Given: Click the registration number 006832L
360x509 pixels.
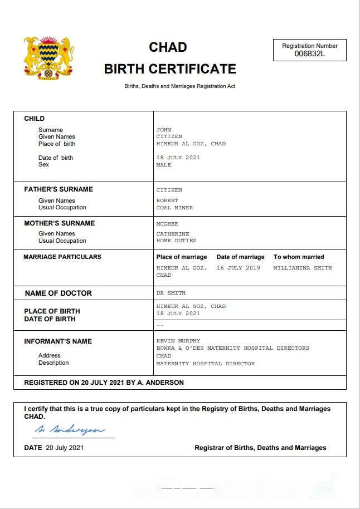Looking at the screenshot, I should (309, 54).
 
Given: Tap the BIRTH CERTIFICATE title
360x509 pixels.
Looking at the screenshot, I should (170, 69).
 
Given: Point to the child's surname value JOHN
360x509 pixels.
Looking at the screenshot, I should (164, 130).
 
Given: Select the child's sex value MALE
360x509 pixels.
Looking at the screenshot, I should (164, 165).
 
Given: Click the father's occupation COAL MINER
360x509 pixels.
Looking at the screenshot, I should (174, 208).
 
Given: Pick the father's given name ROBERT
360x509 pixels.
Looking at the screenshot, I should (167, 200).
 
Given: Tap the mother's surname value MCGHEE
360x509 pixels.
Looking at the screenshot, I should (167, 224).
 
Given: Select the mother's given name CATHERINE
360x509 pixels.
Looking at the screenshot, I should (173, 234).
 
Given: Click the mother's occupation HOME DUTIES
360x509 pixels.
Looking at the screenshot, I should (176, 241).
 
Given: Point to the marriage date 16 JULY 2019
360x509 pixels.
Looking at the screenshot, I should (238, 268).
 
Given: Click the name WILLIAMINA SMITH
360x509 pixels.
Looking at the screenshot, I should (302, 268).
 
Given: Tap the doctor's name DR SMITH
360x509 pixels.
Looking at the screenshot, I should (171, 293).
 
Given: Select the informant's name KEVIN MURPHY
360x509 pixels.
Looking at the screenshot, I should (178, 341).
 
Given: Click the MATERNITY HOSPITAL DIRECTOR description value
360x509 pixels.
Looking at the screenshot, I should (205, 364).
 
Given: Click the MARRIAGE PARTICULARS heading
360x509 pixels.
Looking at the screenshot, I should (62, 257).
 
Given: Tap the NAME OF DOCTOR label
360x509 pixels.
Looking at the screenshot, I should (58, 293).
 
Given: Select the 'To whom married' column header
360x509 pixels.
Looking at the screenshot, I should (298, 257).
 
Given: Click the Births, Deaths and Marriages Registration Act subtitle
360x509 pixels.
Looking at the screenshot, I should (179, 86).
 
